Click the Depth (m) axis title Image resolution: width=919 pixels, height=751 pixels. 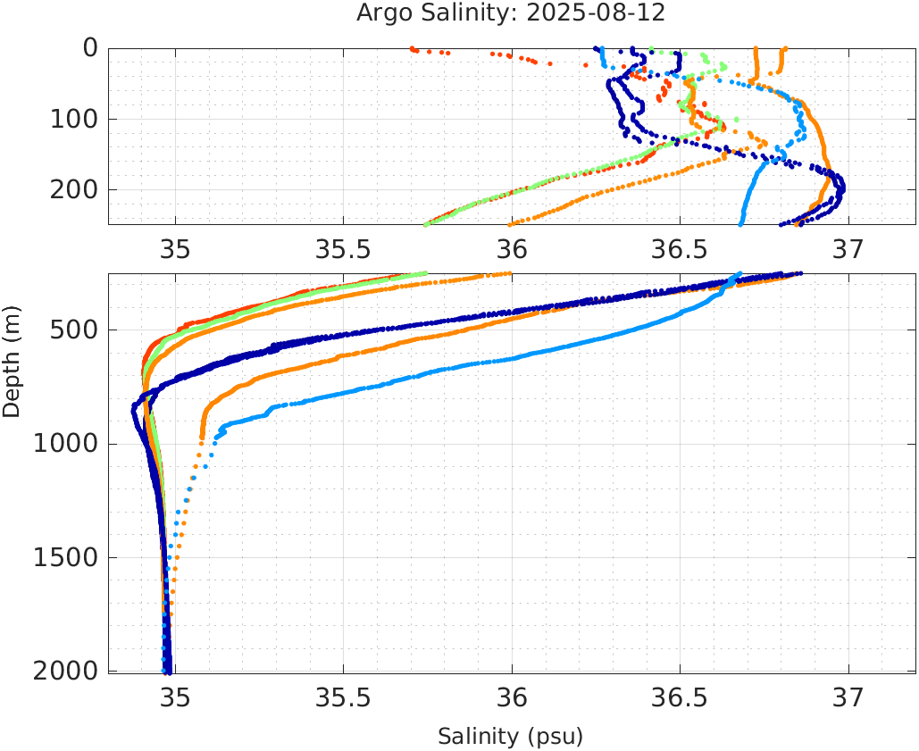12,359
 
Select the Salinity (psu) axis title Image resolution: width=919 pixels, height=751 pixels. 510,737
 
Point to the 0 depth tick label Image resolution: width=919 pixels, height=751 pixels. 90,48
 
